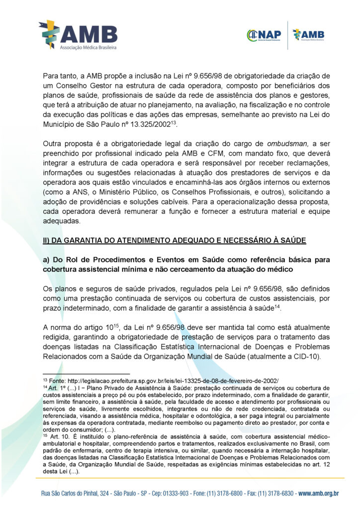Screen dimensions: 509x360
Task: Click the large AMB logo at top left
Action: [x=78, y=35]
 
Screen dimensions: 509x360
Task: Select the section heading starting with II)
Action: [x=175, y=241]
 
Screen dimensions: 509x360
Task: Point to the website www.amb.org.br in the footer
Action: [x=319, y=493]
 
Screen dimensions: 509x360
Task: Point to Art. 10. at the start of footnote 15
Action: [x=59, y=435]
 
